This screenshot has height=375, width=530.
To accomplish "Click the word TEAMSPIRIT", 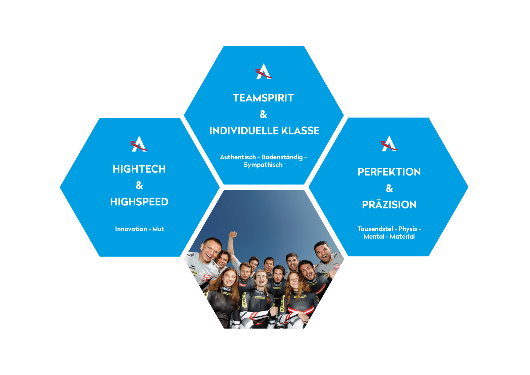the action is (263, 98).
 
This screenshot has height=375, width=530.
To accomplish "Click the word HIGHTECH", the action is (139, 169).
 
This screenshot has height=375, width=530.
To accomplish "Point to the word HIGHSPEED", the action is (139, 202).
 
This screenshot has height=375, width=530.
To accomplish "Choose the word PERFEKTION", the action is (389, 172).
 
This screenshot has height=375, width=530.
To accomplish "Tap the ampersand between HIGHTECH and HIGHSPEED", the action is (139, 186).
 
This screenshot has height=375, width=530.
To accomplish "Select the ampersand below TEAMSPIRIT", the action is (263, 114).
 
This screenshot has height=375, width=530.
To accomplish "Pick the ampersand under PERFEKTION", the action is (389, 189).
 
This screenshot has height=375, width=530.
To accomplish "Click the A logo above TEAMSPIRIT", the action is (264, 71).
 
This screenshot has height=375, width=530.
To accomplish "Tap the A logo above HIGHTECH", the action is (139, 144).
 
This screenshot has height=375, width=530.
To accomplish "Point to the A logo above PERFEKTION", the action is (389, 144).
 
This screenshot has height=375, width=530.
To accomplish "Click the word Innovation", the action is (131, 229).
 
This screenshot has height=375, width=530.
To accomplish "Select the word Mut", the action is (158, 229).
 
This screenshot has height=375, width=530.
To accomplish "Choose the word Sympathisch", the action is (263, 165).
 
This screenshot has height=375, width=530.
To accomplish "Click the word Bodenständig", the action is (282, 157).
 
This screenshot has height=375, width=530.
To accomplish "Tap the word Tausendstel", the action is (375, 229).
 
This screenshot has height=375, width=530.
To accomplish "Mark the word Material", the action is (402, 237).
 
